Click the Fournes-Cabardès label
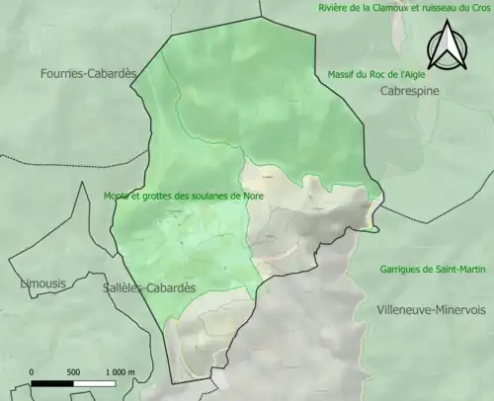click(x=87, y=73)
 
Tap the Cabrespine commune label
click(x=409, y=91)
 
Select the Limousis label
click(x=43, y=283)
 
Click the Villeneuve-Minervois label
click(x=431, y=309)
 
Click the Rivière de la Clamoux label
click(x=364, y=8)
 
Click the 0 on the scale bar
click(x=33, y=371)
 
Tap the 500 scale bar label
click(x=73, y=371)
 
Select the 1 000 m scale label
click(x=121, y=371)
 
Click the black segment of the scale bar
click(x=52, y=381)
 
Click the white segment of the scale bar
click(x=94, y=381)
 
